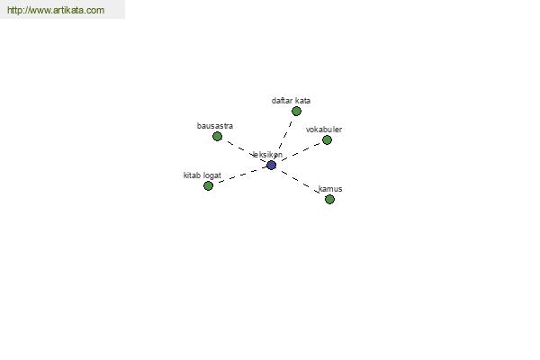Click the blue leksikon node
(x=272, y=166)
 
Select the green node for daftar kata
(x=296, y=112)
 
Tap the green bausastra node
(x=217, y=137)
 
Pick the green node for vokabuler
(x=327, y=139)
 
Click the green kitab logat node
(x=208, y=186)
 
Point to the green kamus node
(x=329, y=200)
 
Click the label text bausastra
(x=215, y=126)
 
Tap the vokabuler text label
(x=324, y=130)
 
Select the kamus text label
(x=330, y=189)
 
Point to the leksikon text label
(x=267, y=155)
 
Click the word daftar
(x=282, y=101)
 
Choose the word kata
(x=302, y=101)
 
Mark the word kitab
(x=192, y=175)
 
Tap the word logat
(x=212, y=175)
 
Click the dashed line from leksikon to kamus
(x=301, y=182)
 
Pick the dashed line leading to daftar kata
(x=283, y=138)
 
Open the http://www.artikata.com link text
(x=56, y=10)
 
